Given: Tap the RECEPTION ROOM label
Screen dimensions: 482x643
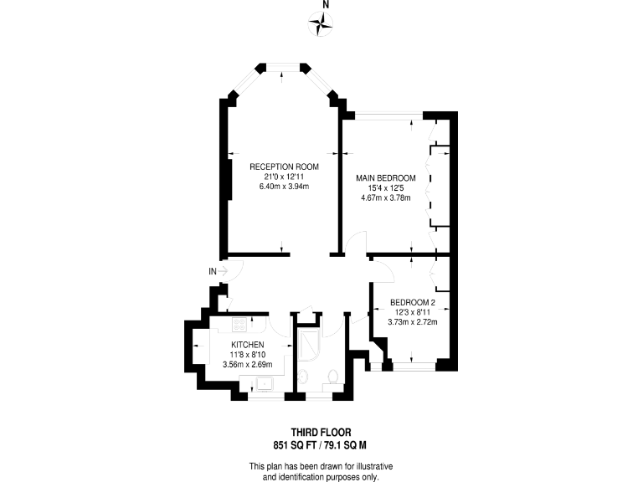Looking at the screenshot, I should (285, 167).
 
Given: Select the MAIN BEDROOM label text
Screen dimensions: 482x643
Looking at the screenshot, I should (386, 178).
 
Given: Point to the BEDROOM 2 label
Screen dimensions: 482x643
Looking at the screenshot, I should (413, 302).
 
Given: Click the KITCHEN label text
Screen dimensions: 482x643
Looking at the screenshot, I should (248, 345).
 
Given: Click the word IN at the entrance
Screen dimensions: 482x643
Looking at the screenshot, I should (213, 271).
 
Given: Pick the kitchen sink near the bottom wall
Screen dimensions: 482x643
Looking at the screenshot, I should (267, 384).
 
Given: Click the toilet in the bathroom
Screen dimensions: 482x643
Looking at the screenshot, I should (335, 379).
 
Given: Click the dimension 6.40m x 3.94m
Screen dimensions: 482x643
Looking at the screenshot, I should (285, 187).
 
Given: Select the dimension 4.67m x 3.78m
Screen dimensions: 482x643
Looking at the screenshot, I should (386, 198).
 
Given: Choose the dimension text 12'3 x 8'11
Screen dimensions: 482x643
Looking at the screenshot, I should (413, 311).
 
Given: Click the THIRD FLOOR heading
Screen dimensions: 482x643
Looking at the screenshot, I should (321, 433).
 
